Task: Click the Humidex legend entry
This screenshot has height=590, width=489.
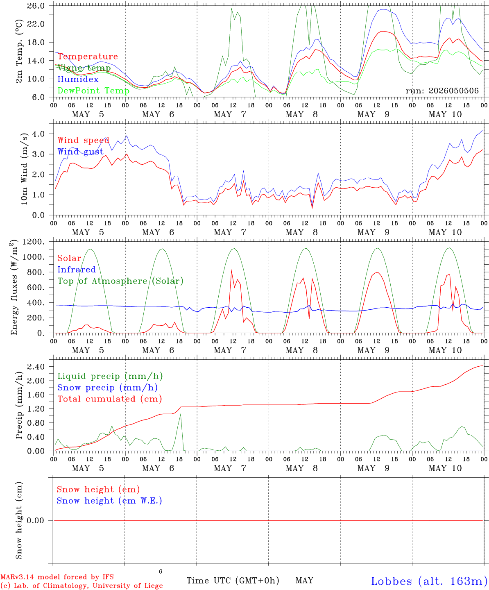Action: [78, 79]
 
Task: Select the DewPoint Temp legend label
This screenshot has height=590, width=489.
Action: [93, 91]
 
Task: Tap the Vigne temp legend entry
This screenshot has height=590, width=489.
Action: [84, 68]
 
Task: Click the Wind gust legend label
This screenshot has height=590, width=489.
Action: [81, 152]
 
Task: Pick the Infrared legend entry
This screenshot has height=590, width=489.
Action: [77, 269]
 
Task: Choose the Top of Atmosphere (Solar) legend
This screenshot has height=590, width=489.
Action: [120, 281]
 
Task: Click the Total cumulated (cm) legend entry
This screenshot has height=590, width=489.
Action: [110, 399]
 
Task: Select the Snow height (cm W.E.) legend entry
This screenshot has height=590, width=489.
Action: [109, 500]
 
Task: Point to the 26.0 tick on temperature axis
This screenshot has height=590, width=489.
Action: [36, 6]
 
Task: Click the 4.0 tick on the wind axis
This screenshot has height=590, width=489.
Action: [38, 134]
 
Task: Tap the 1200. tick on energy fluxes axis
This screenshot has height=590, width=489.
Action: [34, 242]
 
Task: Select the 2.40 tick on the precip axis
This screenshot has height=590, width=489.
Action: [36, 366]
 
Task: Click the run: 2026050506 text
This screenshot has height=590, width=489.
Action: [442, 91]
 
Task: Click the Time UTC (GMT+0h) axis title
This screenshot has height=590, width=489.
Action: [233, 581]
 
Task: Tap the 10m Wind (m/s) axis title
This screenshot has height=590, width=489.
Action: [24, 168]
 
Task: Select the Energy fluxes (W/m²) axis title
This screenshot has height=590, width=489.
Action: [14, 287]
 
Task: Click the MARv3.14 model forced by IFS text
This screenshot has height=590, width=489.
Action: [57, 577]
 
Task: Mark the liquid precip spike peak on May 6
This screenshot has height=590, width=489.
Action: [181, 414]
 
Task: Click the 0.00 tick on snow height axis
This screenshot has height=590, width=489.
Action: [36, 520]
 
